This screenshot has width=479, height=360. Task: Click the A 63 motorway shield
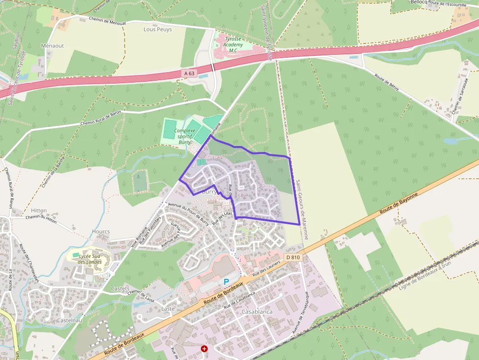[190, 73]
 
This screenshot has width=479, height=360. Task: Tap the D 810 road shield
[293, 257]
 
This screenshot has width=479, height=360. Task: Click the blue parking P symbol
[226, 282]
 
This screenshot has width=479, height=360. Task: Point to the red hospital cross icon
[204, 349]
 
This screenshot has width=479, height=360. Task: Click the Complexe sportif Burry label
[185, 136]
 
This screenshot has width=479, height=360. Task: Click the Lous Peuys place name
[157, 29]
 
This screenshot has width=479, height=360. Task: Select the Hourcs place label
[101, 232]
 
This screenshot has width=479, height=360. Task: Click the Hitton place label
[39, 210]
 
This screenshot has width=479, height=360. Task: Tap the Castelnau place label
[67, 320]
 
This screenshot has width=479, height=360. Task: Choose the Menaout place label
[53, 45]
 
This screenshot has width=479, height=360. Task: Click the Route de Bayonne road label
[399, 204]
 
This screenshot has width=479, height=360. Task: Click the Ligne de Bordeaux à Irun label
[425, 277]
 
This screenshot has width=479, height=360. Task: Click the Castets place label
[120, 289]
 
